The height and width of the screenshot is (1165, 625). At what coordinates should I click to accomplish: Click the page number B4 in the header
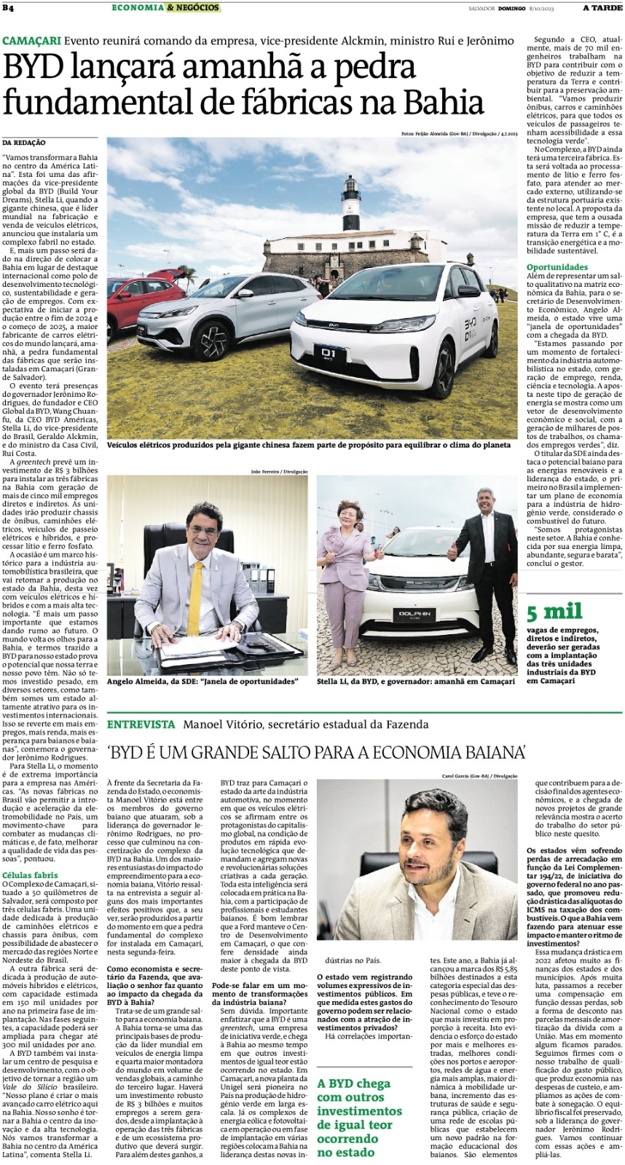point(8,8)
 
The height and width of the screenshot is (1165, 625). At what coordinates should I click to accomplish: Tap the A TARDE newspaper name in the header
point(602,8)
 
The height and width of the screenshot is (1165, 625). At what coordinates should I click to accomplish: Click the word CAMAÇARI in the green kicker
point(31,41)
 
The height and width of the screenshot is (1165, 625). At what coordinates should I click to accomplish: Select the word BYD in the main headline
point(31,68)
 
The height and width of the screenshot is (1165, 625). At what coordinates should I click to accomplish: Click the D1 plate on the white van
point(329,355)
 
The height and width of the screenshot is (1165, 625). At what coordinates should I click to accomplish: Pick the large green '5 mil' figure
point(554,612)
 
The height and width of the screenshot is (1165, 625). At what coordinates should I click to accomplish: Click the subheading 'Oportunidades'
point(557,267)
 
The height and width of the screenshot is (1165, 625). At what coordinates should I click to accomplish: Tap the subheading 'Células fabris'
point(30,875)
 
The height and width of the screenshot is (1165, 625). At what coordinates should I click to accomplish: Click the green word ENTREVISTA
point(141,724)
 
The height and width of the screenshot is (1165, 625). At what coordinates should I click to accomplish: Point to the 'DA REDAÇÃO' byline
point(24,143)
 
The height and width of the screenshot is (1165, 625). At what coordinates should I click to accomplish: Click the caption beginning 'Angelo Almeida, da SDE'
point(203,682)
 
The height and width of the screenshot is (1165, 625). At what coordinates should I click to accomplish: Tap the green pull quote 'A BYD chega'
point(353,1083)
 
